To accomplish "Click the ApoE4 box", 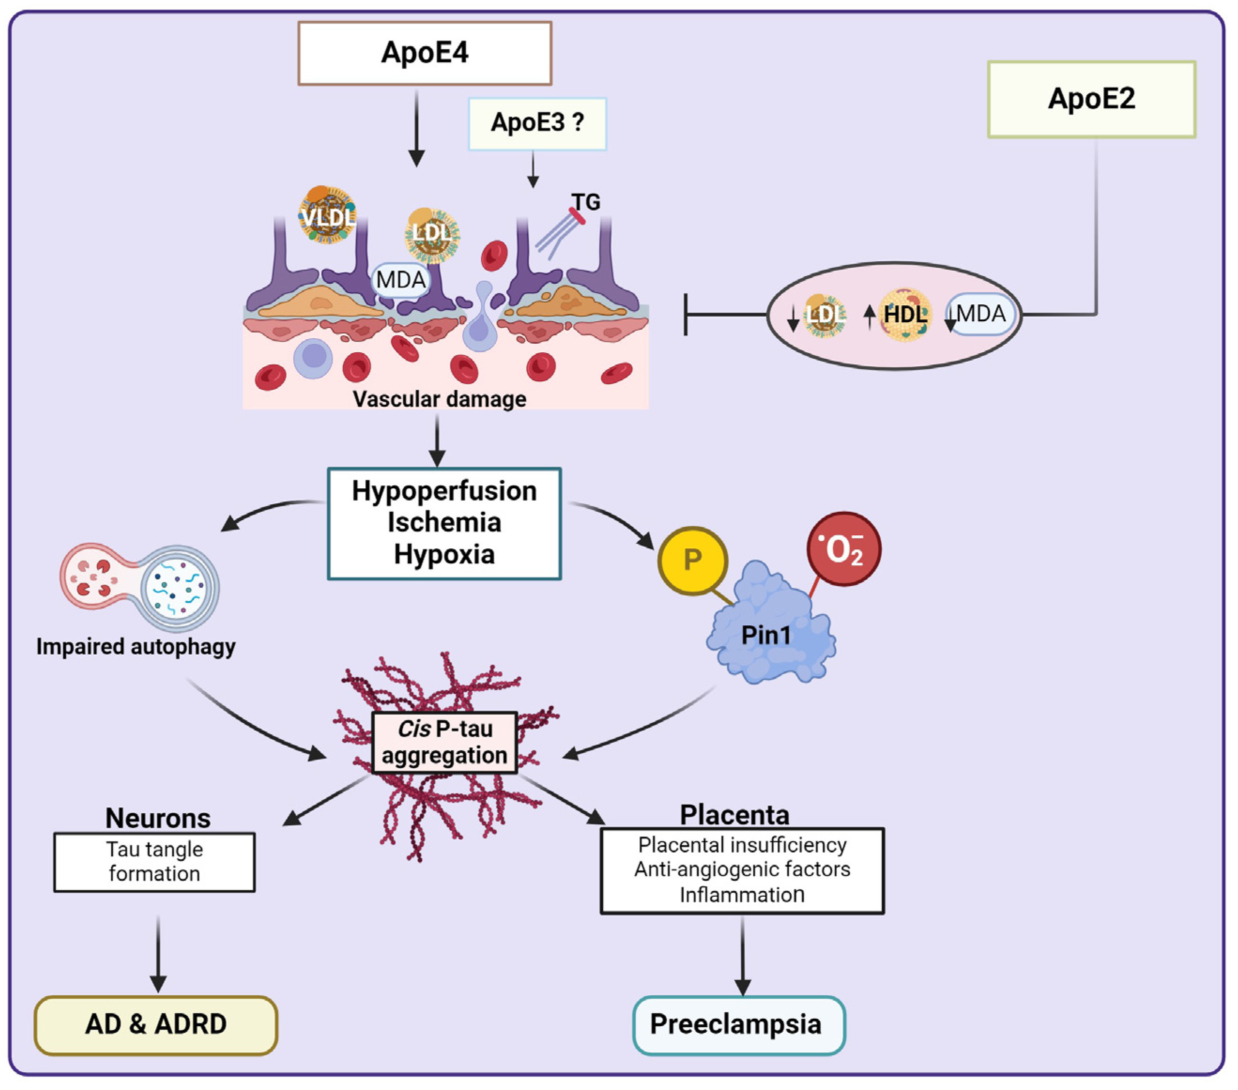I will click(x=424, y=53).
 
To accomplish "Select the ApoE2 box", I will click(x=1091, y=99).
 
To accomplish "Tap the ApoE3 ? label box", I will click(x=537, y=123).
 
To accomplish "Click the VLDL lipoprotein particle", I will click(x=328, y=215).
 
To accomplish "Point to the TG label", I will click(x=586, y=202).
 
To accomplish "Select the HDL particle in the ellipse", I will click(x=905, y=314).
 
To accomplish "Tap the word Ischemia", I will click(x=444, y=522).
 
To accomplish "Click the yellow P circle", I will click(x=692, y=560).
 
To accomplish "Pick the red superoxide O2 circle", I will click(x=844, y=549).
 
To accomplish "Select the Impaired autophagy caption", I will click(x=136, y=646).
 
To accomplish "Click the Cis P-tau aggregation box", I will click(x=444, y=742).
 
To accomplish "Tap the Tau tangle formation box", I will click(x=154, y=862).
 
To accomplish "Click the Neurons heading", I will click(x=158, y=818).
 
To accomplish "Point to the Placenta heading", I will click(x=734, y=815).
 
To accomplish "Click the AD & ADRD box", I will click(x=156, y=1024).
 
